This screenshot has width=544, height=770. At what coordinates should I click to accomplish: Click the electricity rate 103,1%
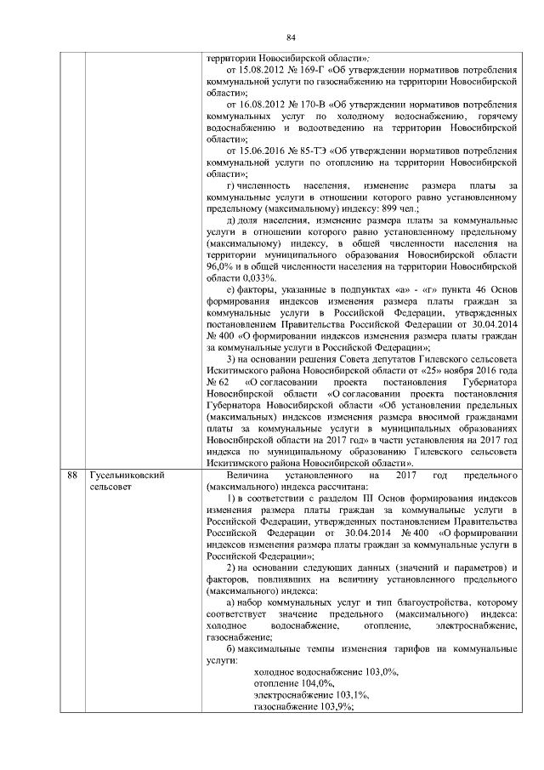pos(343,695)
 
